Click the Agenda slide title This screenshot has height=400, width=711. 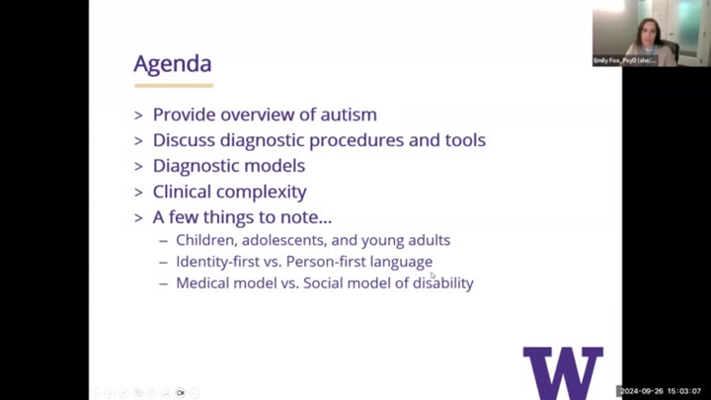(x=173, y=64)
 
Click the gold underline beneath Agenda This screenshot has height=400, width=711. (x=173, y=86)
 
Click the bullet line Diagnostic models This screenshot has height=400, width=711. (x=228, y=166)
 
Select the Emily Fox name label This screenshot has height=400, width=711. (x=624, y=60)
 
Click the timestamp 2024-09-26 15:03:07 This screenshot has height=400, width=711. (x=662, y=391)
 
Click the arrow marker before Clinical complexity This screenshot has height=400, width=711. (x=139, y=193)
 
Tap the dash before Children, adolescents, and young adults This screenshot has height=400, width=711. (x=164, y=241)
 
